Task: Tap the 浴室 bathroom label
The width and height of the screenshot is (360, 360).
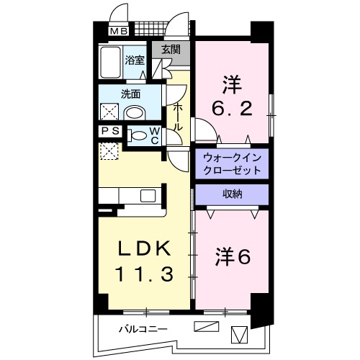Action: click(135, 60)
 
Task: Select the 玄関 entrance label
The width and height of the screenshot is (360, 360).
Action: click(171, 50)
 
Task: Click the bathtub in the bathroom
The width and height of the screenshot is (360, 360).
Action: click(111, 63)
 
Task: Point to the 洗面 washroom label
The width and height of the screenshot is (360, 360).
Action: click(130, 94)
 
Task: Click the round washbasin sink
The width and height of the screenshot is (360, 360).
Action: click(135, 112)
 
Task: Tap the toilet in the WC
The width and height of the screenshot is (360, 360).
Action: click(138, 135)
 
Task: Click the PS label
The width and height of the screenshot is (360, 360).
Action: click(110, 131)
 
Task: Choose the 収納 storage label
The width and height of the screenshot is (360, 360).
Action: click(231, 193)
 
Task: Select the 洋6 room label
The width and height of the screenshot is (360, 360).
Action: click(231, 256)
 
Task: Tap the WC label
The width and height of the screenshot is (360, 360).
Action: click(155, 135)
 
